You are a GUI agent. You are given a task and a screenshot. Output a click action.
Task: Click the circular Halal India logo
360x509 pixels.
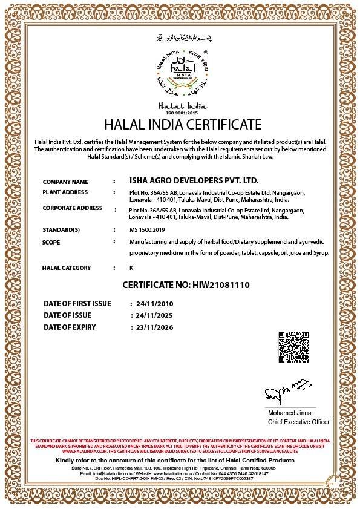click(180, 74)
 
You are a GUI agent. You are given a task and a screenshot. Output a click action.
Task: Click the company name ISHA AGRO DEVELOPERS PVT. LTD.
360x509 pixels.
click(194, 181)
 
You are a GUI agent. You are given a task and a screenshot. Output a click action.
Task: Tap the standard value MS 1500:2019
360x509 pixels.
click(147, 230)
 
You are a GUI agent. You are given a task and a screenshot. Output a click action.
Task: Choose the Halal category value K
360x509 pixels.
click(131, 268)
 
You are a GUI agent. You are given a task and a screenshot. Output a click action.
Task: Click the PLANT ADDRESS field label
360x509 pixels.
click(65, 192)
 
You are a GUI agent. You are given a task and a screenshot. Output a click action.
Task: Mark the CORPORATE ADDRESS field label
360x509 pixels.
click(72, 208)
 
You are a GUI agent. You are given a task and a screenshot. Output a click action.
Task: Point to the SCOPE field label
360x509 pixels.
click(51, 242)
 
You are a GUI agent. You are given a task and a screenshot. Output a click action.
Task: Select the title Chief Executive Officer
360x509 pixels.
click(299, 422)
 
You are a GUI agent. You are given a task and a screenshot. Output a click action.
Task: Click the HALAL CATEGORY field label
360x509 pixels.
click(66, 268)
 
